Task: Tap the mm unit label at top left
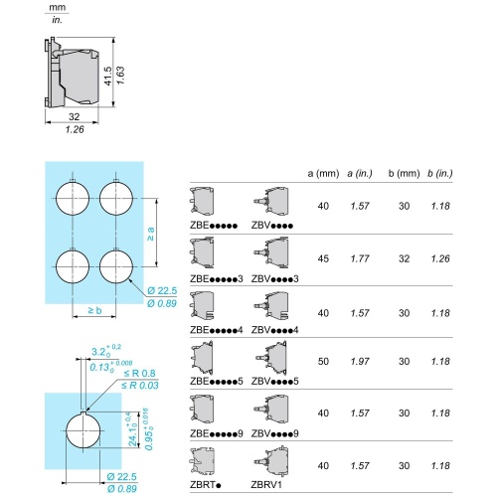[x=55, y=7]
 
